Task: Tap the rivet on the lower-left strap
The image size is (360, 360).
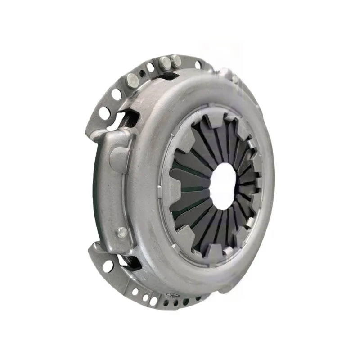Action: (121, 232)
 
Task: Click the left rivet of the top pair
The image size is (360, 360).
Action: (165, 63)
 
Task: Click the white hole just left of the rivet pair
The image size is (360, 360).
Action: (151, 67)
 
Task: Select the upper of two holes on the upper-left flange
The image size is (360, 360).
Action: (117, 94)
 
